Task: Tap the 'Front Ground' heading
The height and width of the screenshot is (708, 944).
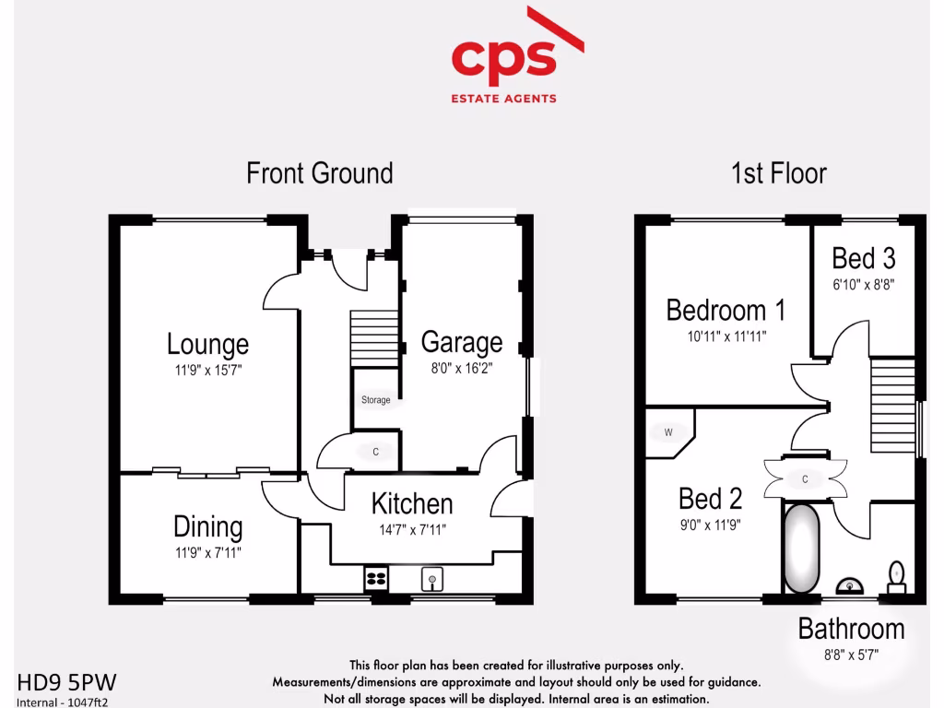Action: (319, 173)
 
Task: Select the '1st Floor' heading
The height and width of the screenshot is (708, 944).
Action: (778, 173)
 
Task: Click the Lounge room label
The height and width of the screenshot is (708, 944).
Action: (207, 345)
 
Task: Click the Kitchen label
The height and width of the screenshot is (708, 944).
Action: (412, 504)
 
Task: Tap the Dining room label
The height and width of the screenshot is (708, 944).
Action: (207, 527)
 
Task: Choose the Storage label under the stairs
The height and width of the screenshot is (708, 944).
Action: (375, 400)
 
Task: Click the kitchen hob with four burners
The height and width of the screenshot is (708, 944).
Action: (376, 579)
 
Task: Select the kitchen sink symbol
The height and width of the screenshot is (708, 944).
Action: (432, 579)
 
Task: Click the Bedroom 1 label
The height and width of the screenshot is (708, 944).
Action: (726, 311)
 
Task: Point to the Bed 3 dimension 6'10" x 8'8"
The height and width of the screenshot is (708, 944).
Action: (864, 285)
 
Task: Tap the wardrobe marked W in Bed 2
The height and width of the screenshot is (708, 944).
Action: (667, 432)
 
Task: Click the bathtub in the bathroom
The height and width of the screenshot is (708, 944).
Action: (802, 549)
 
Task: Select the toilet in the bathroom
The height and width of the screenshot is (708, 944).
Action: (895, 577)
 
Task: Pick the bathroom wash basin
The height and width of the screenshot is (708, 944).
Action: (849, 584)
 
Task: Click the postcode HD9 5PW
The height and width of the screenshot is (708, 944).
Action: (67, 682)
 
